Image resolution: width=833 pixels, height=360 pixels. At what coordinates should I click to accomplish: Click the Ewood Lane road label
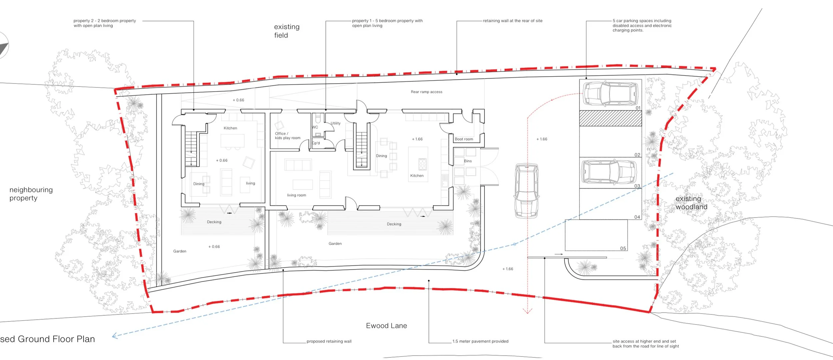click(x=386, y=326)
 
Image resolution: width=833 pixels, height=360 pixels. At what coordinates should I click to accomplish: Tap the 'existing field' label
click(x=287, y=31)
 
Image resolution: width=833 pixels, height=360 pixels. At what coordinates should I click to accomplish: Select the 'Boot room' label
click(x=463, y=139)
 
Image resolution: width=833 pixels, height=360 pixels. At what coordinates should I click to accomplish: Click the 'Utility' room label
click(x=336, y=123)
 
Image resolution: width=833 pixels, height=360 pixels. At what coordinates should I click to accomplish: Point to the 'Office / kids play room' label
click(x=287, y=136)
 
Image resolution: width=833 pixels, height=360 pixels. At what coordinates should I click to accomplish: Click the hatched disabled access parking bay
click(x=610, y=118)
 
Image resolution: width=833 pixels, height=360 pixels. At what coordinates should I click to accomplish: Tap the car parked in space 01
click(x=611, y=94)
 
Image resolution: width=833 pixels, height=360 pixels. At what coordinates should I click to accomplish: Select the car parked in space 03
click(x=609, y=172)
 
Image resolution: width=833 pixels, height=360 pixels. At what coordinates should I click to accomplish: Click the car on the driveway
click(x=526, y=190)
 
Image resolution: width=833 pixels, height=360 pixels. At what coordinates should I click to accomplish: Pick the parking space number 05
click(x=623, y=248)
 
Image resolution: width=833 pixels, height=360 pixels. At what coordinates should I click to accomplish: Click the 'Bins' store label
click(x=467, y=161)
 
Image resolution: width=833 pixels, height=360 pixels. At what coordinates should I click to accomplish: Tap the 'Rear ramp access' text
click(x=426, y=92)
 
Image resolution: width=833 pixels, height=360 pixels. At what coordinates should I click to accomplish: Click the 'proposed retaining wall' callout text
click(x=329, y=341)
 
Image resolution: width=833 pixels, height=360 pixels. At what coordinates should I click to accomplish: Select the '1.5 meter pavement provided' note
click(x=480, y=341)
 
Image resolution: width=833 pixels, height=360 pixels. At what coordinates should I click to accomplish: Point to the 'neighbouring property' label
click(x=31, y=194)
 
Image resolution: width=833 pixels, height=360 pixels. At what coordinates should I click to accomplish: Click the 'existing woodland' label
click(x=691, y=203)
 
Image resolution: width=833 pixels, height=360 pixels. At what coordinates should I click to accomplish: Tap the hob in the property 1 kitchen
click(x=422, y=164)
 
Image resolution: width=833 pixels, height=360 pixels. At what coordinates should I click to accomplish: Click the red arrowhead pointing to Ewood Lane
click(x=527, y=311)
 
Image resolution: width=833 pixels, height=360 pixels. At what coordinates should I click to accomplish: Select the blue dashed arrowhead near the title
click(x=115, y=336)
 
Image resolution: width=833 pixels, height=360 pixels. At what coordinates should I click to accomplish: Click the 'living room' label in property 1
click(x=296, y=195)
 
